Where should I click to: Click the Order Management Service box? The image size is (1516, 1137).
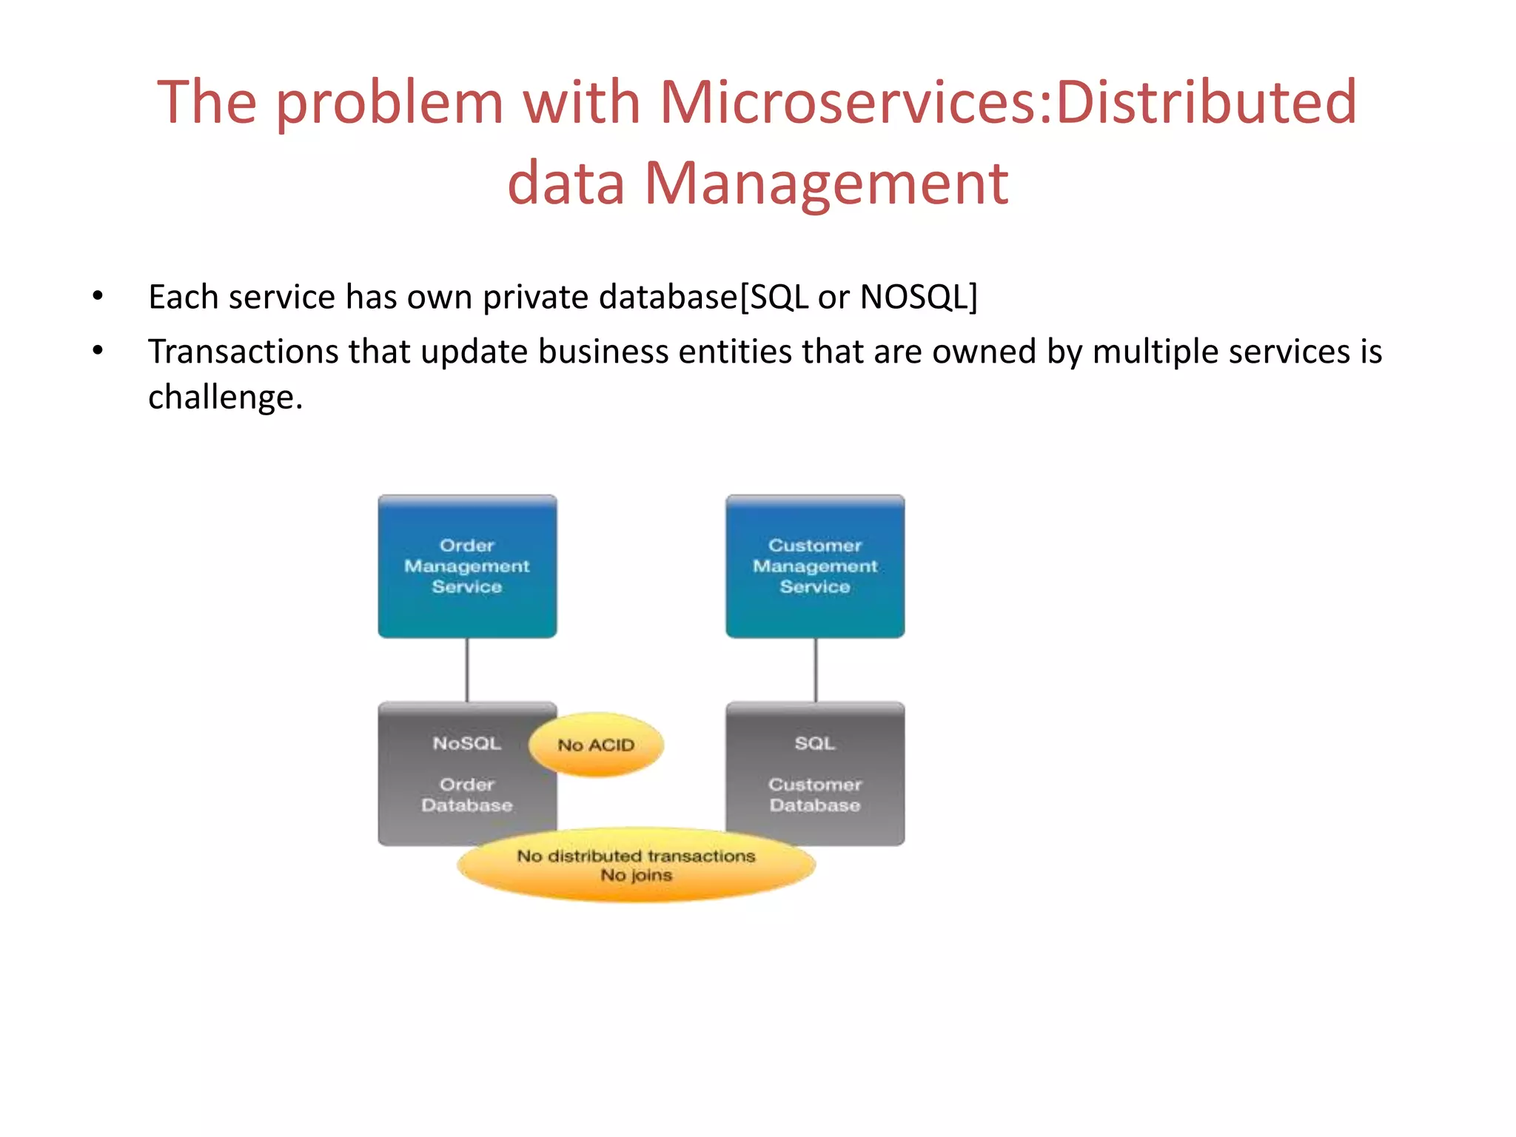click(467, 566)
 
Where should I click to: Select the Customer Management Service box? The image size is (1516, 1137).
click(815, 566)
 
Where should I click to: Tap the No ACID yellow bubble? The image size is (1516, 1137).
click(596, 745)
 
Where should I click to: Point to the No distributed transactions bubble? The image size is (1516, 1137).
click(636, 856)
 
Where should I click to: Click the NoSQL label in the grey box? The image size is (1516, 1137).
click(467, 743)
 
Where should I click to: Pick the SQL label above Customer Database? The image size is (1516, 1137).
click(815, 743)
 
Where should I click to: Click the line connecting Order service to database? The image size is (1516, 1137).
click(467, 670)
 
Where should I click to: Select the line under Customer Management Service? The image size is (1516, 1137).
click(816, 670)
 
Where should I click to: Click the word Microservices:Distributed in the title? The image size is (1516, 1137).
click(1008, 101)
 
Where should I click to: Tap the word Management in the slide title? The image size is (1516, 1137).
click(826, 183)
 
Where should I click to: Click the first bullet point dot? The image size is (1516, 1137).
click(98, 297)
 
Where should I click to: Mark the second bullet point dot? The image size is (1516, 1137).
click(98, 351)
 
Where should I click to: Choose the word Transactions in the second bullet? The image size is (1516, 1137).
click(242, 352)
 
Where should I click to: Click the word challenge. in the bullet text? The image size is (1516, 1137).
click(226, 398)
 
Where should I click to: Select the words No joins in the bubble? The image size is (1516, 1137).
click(636, 876)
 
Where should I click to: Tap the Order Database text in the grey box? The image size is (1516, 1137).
click(467, 795)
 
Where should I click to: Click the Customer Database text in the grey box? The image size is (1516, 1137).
click(815, 795)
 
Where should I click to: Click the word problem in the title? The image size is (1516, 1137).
click(390, 101)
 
